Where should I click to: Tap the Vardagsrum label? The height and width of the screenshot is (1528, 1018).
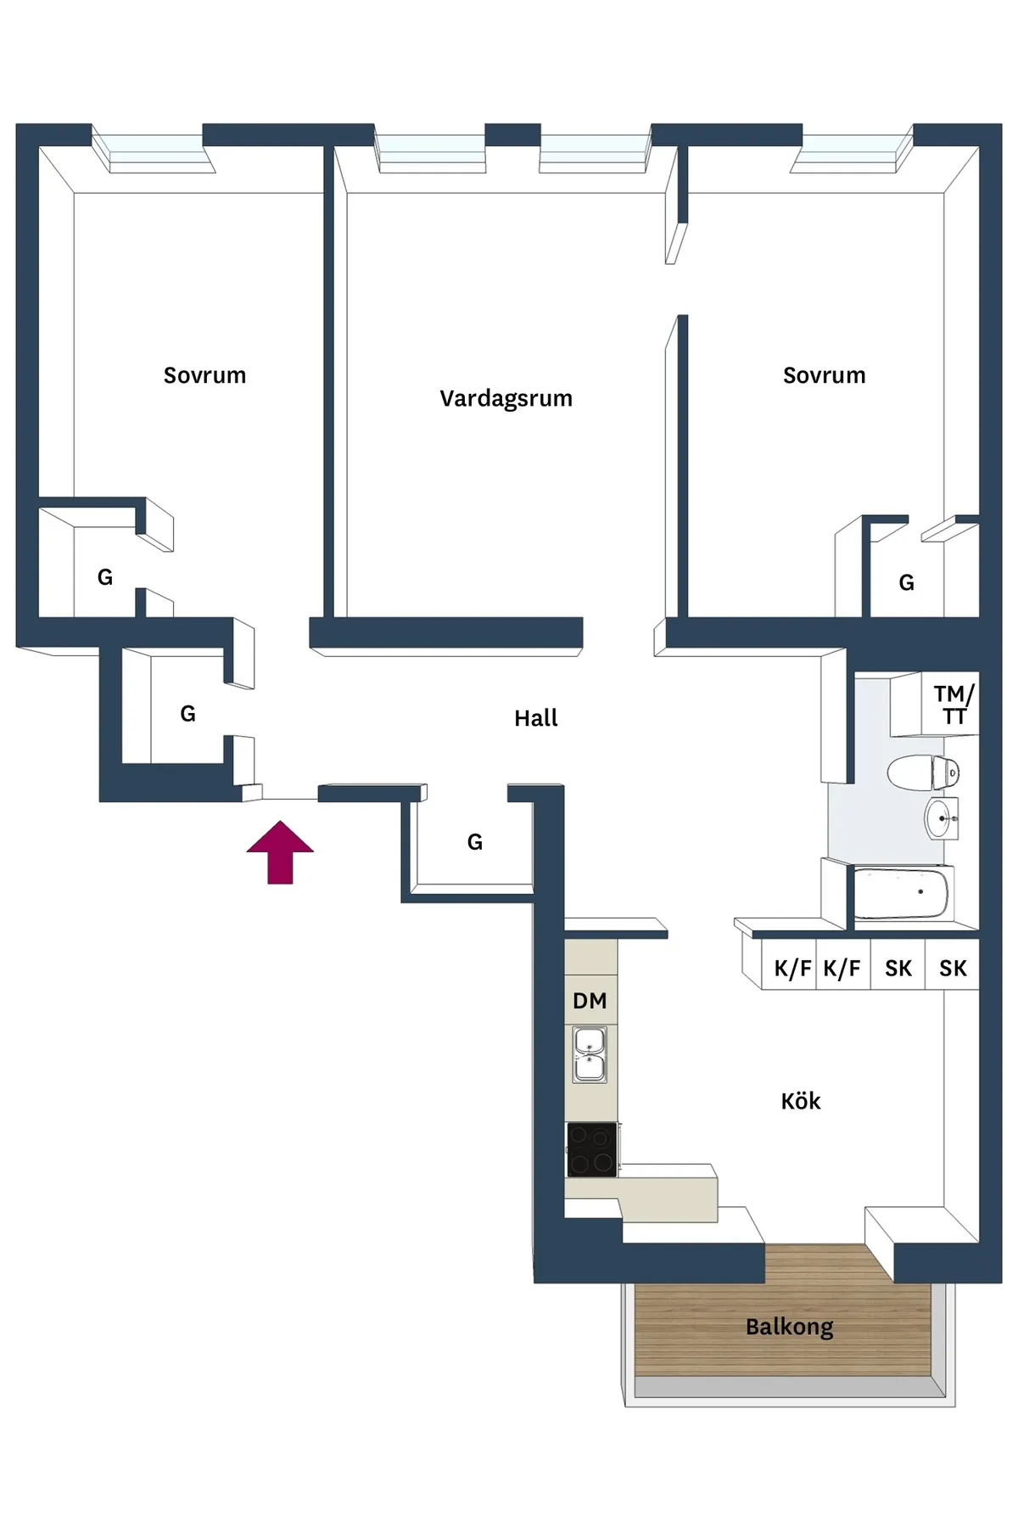[506, 399]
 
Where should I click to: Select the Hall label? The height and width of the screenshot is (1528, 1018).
[536, 718]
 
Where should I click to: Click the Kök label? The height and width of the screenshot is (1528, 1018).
[801, 1101]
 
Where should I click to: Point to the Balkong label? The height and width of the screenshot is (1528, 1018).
[790, 1327]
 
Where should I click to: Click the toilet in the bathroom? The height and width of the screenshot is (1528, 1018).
[923, 772]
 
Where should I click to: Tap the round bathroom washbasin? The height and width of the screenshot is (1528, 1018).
[941, 819]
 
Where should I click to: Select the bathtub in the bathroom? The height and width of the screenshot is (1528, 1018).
[903, 893]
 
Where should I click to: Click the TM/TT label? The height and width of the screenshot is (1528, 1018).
[954, 705]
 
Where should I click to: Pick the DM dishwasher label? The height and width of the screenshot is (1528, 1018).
[590, 1001]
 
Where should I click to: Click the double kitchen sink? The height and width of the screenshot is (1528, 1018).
[590, 1055]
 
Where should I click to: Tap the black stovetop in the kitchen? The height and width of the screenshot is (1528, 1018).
[592, 1149]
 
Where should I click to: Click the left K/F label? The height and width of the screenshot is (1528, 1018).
[792, 969]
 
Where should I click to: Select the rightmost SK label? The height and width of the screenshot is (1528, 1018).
[953, 969]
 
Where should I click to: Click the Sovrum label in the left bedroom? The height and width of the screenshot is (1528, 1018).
[204, 375]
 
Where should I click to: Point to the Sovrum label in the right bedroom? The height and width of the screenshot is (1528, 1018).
[824, 375]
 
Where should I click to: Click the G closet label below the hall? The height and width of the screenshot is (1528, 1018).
[475, 842]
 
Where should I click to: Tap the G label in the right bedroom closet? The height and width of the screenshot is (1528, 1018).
[907, 583]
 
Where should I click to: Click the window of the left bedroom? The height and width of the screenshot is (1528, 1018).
[154, 149]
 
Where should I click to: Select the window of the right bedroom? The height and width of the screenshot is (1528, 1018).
[852, 149]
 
